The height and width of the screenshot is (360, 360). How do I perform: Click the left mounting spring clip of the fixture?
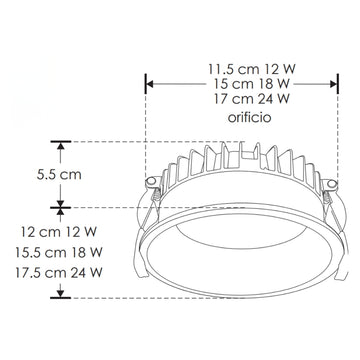(x=153, y=187)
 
